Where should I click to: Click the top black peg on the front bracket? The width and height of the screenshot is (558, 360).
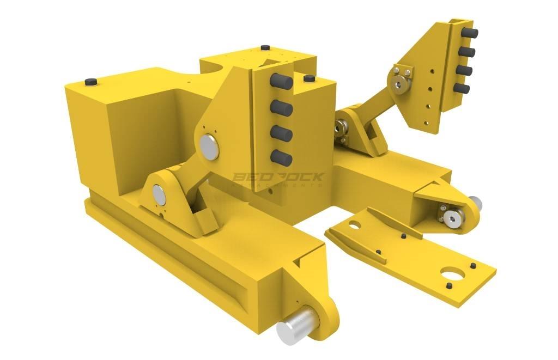coord(281,81)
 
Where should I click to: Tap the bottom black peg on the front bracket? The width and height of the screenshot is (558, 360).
coord(281,157)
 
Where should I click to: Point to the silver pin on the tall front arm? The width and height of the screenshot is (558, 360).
coord(208,145)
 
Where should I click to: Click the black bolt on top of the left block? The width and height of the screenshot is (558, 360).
coord(90,82)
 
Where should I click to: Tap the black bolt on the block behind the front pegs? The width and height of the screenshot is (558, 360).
coord(308,79)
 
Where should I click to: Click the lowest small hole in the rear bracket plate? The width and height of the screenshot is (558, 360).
coord(428,107)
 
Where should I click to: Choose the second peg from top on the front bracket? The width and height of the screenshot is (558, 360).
coord(281,108)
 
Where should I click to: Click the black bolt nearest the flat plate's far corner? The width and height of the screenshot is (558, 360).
coord(472,266)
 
